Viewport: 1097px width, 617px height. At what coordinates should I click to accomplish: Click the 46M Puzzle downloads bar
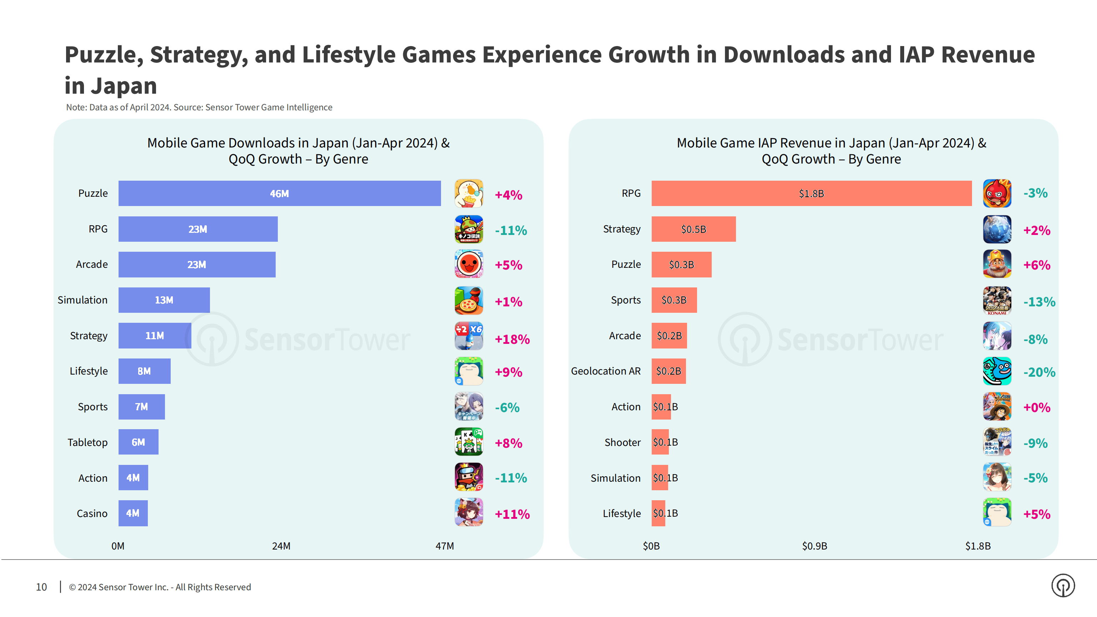click(x=279, y=193)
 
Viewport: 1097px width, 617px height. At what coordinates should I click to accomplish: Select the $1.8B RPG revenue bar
click(x=811, y=193)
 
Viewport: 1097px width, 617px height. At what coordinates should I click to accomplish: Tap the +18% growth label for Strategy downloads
click(x=512, y=339)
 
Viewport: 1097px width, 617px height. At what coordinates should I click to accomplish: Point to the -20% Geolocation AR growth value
click(x=1039, y=372)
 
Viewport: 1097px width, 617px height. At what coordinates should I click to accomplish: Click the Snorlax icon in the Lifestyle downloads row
click(x=469, y=371)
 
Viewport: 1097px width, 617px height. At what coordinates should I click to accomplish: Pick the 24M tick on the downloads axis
click(x=281, y=546)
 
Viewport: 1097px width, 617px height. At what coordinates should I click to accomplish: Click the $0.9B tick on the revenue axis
click(x=814, y=546)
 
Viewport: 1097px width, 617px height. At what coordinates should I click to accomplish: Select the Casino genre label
click(x=92, y=513)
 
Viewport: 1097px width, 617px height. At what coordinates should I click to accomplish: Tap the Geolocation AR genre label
click(x=606, y=371)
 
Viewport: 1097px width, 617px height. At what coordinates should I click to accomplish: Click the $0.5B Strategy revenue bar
click(x=693, y=229)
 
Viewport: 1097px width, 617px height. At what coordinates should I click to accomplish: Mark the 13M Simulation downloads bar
click(x=164, y=300)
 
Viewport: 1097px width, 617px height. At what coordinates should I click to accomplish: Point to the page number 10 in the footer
click(x=41, y=587)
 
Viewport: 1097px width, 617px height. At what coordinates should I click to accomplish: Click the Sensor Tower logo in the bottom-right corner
click(x=1063, y=586)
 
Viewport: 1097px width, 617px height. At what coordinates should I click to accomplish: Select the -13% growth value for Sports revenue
click(x=1039, y=302)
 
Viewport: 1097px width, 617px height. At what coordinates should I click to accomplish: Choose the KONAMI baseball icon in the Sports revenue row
click(x=997, y=301)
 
